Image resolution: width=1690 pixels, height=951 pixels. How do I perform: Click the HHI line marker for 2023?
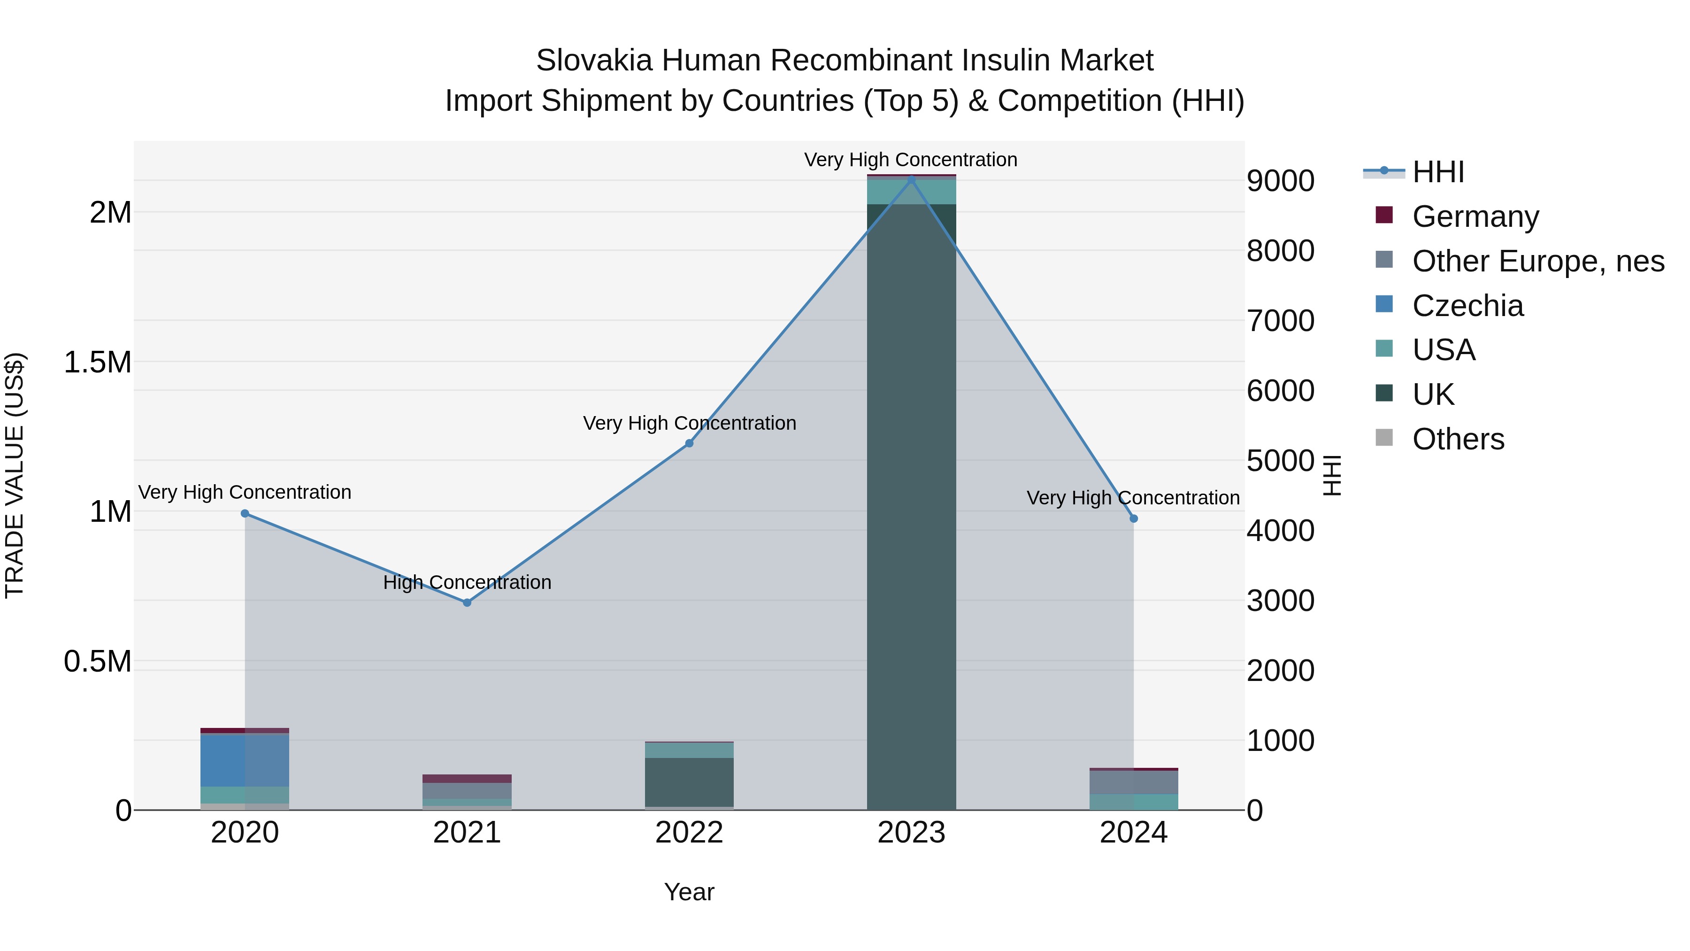[x=911, y=179]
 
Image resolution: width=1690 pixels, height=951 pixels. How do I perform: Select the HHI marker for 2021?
[x=467, y=603]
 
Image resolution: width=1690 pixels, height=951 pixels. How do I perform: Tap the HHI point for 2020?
[x=245, y=513]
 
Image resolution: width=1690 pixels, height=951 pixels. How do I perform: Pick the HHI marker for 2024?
[x=1134, y=518]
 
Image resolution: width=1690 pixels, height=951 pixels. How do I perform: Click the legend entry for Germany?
[x=1475, y=216]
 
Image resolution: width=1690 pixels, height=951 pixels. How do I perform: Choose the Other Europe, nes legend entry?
[x=1538, y=261]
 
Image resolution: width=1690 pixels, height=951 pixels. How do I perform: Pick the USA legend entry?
[x=1444, y=350]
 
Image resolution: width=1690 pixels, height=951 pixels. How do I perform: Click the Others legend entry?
[x=1458, y=439]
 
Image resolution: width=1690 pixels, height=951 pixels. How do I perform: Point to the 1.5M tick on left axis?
[x=97, y=362]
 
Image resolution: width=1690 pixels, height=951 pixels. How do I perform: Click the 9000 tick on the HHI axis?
[x=1280, y=181]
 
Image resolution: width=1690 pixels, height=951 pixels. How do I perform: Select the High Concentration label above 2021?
[x=467, y=582]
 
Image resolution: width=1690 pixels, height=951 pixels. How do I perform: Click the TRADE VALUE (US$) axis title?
[x=15, y=475]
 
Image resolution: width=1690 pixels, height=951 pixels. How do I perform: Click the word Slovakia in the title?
[x=594, y=61]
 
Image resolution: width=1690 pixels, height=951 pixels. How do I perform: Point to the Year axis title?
[x=689, y=892]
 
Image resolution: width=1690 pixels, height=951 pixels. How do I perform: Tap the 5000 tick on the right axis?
[x=1280, y=461]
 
